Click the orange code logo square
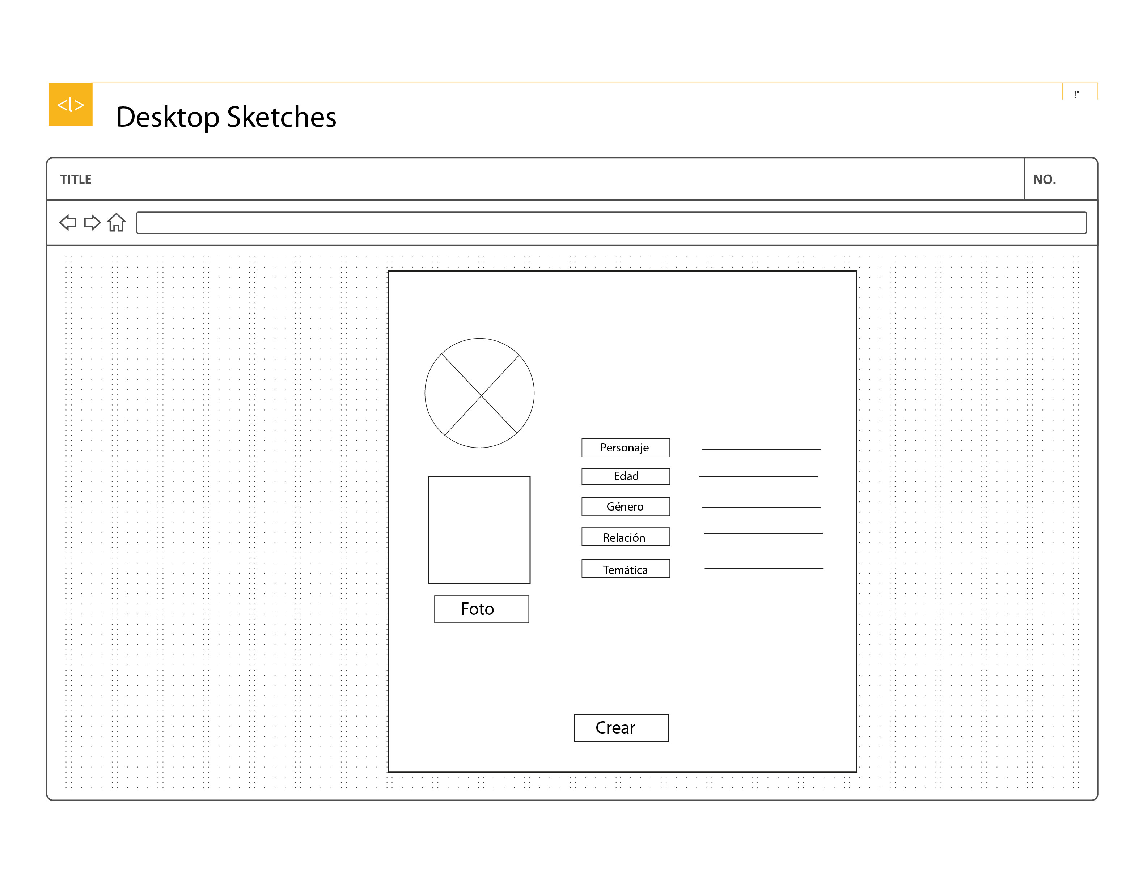(71, 105)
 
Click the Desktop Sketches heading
(226, 117)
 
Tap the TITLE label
(76, 179)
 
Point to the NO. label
(1044, 179)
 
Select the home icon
(117, 223)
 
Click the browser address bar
(611, 223)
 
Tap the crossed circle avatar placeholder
(479, 393)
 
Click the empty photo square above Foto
(479, 529)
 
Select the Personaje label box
(625, 448)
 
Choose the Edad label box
(625, 476)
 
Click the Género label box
(625, 507)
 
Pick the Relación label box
(625, 537)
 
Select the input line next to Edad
(758, 476)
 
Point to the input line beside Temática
(763, 568)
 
